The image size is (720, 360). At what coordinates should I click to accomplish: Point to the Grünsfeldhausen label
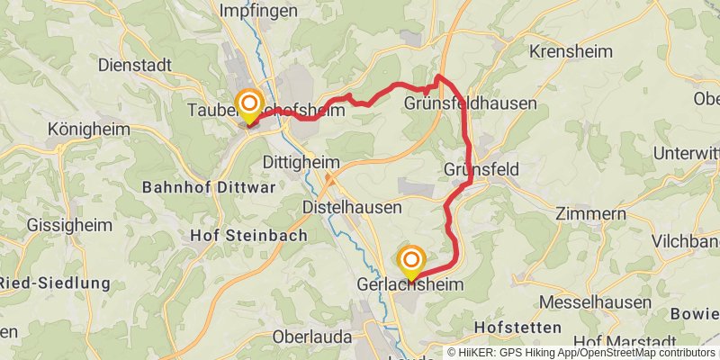[x=470, y=103]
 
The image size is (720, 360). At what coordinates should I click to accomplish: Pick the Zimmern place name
[x=590, y=214]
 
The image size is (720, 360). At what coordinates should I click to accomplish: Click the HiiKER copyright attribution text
[x=581, y=353]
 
